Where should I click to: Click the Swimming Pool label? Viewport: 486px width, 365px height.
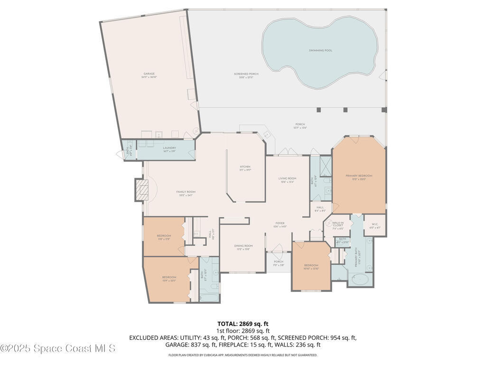[x=320, y=50]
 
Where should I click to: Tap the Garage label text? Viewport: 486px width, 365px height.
[x=149, y=75]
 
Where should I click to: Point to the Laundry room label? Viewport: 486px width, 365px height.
[x=169, y=149]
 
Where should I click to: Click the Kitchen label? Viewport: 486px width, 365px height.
[x=245, y=168]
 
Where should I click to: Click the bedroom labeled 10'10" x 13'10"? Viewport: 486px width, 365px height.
[x=311, y=267]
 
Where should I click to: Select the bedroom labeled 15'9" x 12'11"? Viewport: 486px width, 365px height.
[x=169, y=279]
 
